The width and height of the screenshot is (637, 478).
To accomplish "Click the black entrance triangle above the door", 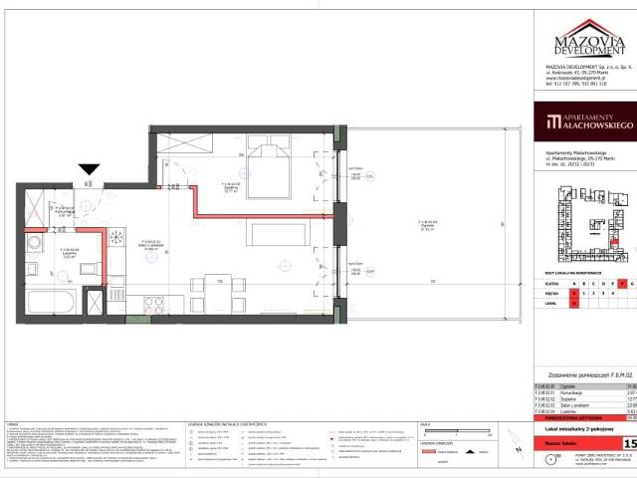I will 90,170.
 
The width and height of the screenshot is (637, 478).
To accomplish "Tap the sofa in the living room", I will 266,235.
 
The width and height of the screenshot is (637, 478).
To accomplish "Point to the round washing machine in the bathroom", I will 32,242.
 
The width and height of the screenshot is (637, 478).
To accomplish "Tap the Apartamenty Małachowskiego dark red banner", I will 582,123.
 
